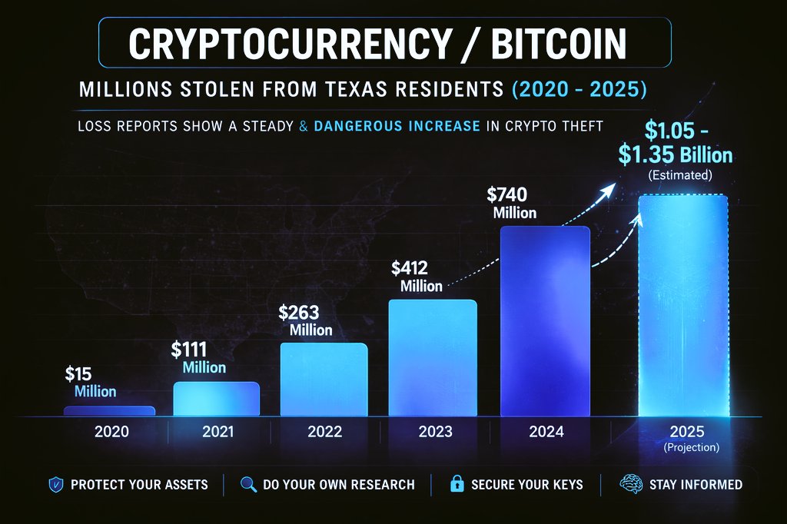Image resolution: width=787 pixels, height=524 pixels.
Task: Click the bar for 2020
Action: (x=109, y=411)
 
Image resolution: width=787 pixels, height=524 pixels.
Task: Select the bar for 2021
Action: (x=217, y=399)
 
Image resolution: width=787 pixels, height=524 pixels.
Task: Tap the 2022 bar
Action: (x=324, y=379)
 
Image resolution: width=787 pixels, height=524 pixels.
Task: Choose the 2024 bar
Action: (x=545, y=321)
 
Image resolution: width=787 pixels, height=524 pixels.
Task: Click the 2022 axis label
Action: (x=324, y=432)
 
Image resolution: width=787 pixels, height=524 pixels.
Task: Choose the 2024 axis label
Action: (x=546, y=432)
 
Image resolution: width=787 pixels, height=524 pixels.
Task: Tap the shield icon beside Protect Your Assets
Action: (x=56, y=485)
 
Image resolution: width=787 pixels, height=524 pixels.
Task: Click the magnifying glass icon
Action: (x=247, y=485)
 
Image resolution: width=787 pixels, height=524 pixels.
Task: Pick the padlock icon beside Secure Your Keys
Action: (x=457, y=485)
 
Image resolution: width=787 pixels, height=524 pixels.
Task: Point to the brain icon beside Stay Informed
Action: (x=631, y=485)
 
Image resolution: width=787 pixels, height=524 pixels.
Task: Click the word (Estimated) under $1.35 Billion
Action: (x=681, y=175)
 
